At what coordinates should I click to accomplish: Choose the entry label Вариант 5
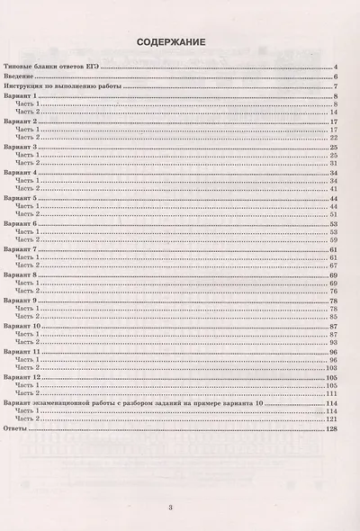click(x=22, y=197)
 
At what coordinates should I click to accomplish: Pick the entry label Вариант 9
click(x=22, y=299)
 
